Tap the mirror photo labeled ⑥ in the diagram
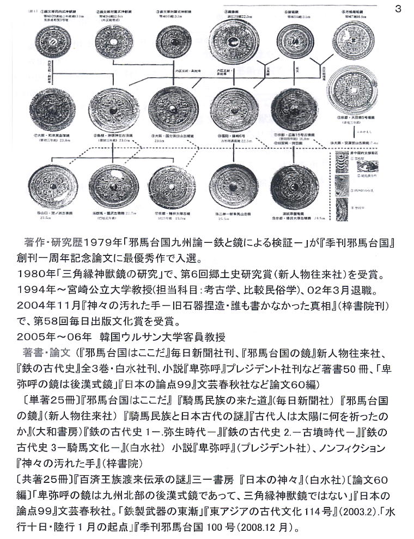(x=354, y=40)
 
